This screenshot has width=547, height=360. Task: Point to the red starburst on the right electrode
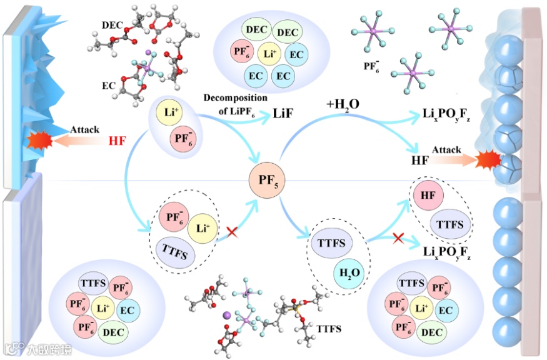pos(488,162)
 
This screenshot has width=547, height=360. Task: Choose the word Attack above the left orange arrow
pos(84,129)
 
